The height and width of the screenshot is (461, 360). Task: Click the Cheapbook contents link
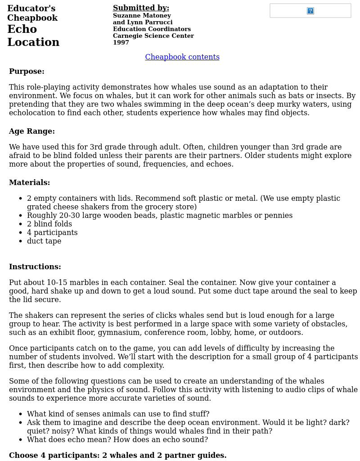coord(182,57)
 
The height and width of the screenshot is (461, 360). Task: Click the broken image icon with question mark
coord(310,11)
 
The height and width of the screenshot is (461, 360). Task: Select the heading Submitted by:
coord(141,8)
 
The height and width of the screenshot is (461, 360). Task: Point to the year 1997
coord(121,43)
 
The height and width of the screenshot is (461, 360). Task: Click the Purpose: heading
coord(27,72)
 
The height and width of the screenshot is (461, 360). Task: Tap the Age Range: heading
coord(32,131)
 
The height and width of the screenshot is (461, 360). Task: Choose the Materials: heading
coord(29,183)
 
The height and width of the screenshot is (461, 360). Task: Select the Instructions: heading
coord(35,267)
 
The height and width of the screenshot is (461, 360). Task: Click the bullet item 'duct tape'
coord(44,241)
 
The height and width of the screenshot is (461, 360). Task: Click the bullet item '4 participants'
coord(52,233)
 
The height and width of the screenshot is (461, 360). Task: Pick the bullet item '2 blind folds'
coord(49,224)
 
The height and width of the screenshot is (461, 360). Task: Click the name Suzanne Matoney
coord(142,16)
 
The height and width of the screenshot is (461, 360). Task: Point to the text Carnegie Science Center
coord(153,36)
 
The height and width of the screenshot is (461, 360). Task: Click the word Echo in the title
coord(22,30)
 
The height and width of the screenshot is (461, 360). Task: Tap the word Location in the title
coord(33,43)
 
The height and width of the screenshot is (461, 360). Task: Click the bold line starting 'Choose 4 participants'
coord(117,456)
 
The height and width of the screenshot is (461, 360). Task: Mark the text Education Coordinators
coord(152,29)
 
